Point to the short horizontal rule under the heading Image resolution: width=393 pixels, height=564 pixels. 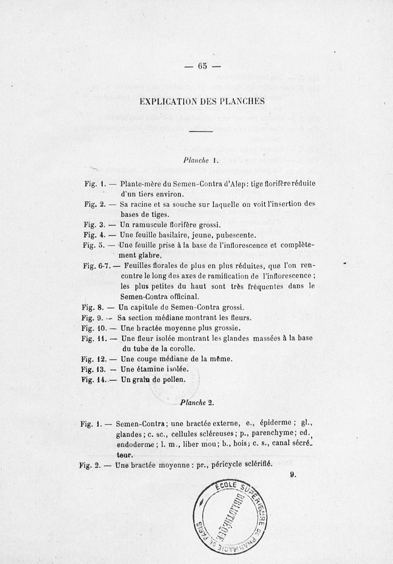click(x=200, y=131)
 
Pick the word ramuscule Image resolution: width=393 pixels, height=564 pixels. click(x=152, y=225)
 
